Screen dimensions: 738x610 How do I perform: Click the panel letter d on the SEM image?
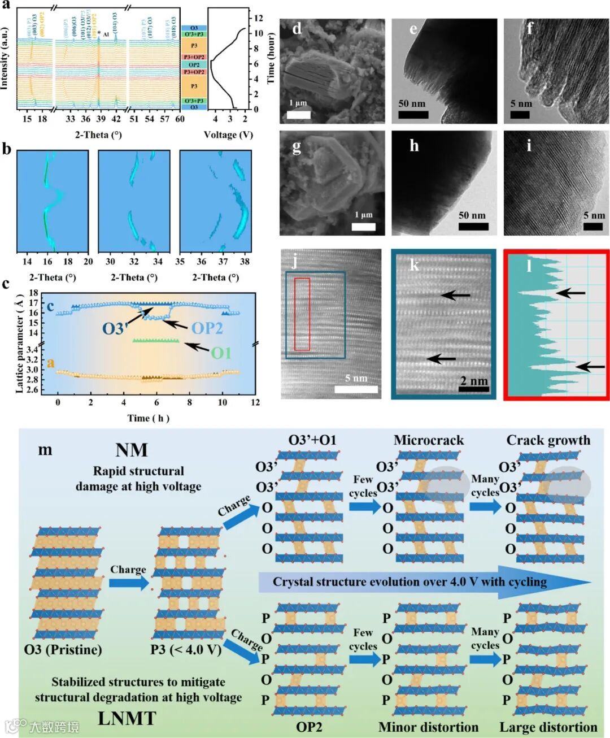coord(297,29)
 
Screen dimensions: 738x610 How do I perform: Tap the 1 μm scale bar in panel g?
coord(363,227)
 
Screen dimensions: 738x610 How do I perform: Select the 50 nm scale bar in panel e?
coord(413,115)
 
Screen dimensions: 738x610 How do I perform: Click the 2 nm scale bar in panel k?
coord(473,389)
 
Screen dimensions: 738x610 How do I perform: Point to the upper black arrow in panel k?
coord(455,295)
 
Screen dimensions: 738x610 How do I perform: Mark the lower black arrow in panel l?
coord(590,367)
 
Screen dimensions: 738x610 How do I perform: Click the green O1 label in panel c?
coord(221,353)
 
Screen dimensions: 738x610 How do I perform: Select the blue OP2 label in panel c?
coord(207,328)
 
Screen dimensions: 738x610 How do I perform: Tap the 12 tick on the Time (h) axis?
coord(255,402)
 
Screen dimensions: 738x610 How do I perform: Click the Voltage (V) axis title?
coord(228,134)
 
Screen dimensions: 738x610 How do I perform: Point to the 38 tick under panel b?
coord(245,262)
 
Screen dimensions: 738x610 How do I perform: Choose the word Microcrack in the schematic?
coord(428,440)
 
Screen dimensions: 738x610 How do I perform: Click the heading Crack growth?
coord(548,440)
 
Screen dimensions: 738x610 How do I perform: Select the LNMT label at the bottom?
coord(127,718)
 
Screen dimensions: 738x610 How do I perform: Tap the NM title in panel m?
coord(132,450)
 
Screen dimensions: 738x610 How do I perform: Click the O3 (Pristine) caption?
coord(63,649)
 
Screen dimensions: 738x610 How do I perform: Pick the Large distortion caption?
coord(548,727)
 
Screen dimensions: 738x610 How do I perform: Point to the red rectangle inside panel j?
coord(302,314)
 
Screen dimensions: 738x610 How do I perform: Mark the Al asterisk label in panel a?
coord(103,34)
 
